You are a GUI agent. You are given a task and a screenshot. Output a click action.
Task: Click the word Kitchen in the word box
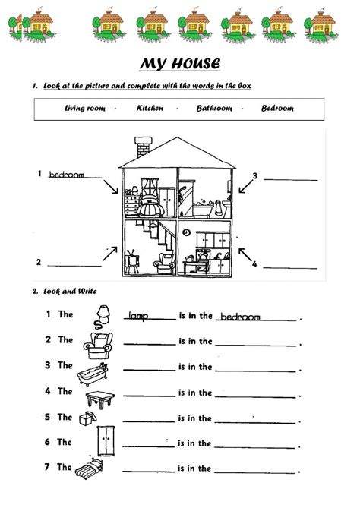150,108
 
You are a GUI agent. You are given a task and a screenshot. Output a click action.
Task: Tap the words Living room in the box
85,108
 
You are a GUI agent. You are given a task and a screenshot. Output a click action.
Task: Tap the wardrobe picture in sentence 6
99,443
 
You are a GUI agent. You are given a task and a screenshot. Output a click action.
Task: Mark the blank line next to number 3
289,180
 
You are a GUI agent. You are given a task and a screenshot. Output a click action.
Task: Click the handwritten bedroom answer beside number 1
66,175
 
